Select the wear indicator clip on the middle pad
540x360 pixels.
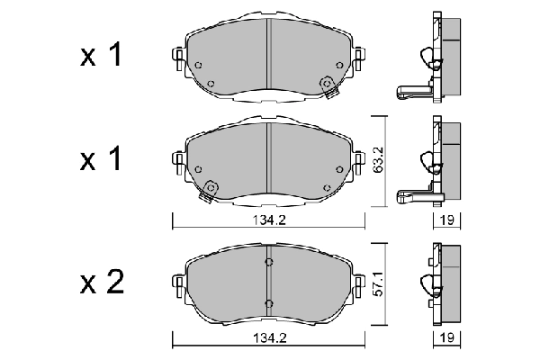pos(211,189)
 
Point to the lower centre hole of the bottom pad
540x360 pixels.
pos(268,301)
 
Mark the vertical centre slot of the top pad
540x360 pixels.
pos(268,56)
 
